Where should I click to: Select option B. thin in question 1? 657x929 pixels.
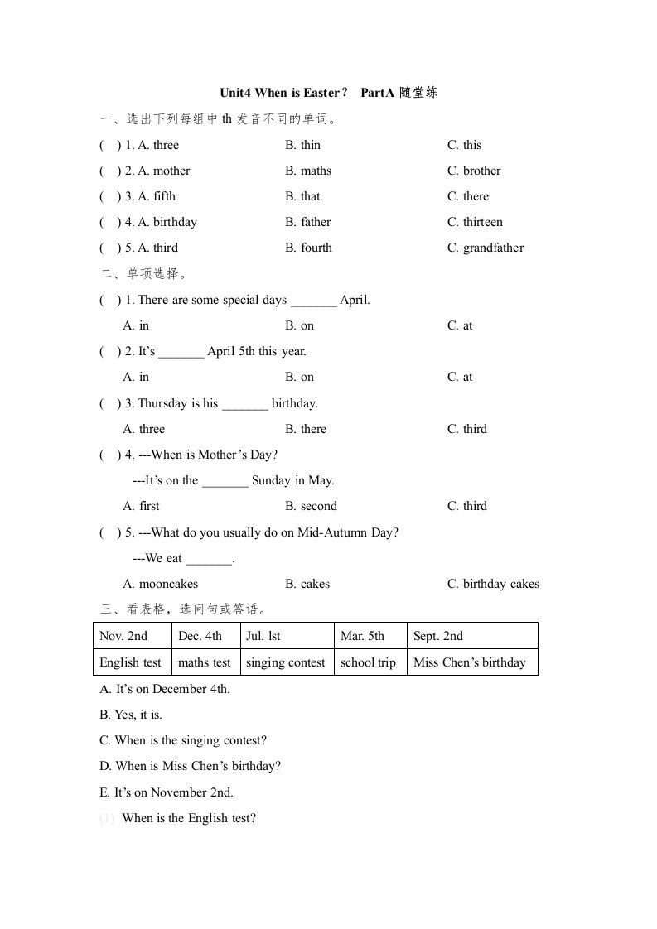click(x=302, y=145)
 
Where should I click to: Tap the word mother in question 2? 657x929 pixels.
click(x=171, y=171)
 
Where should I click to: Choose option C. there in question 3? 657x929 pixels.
click(x=468, y=196)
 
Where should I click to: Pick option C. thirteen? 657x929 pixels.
click(x=475, y=222)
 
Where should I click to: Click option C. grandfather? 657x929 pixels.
click(x=486, y=248)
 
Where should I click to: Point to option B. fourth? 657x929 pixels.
click(x=308, y=248)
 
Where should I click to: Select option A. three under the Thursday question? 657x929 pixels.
click(x=143, y=429)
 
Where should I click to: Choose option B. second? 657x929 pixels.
click(x=311, y=506)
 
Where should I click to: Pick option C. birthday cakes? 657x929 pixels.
click(x=493, y=584)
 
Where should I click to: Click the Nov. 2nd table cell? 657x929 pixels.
click(x=123, y=636)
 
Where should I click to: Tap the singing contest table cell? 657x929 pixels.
click(x=286, y=662)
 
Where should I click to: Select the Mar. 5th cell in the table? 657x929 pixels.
click(x=362, y=636)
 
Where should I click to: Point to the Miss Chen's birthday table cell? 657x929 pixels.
click(x=469, y=662)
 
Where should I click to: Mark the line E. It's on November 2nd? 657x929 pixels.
click(x=166, y=792)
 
